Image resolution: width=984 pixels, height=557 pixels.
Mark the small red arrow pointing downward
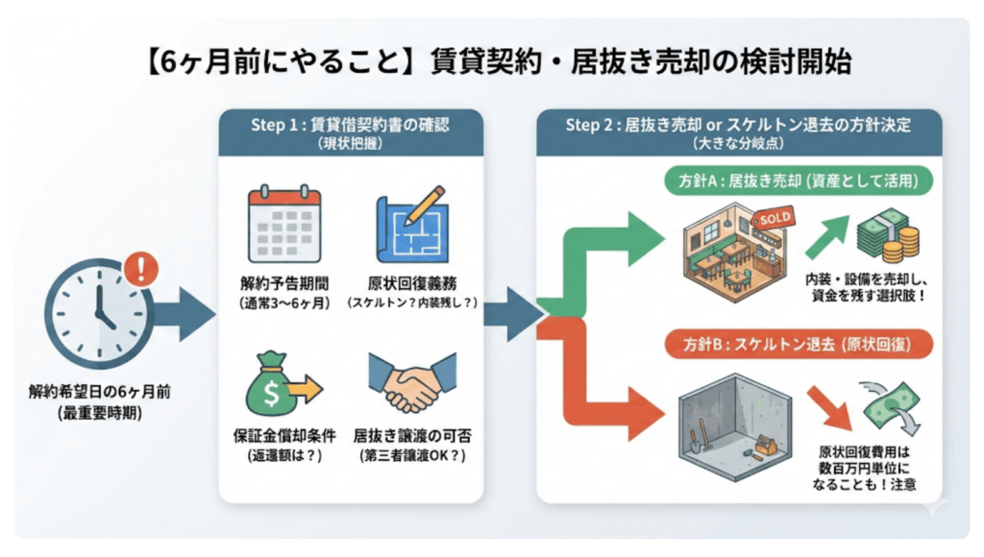point(827,404)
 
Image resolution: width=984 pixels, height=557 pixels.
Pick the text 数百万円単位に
point(865,468)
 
